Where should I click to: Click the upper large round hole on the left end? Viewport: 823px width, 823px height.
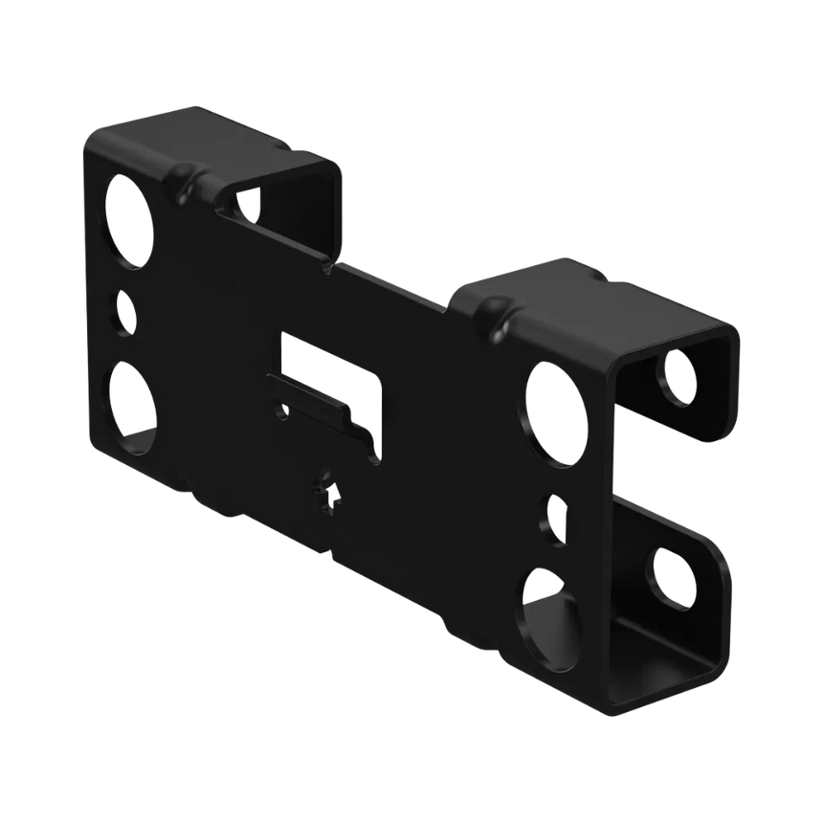tap(131, 221)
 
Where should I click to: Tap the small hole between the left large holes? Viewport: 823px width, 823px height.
tap(124, 313)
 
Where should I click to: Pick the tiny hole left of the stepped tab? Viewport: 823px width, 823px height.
tap(281, 412)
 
